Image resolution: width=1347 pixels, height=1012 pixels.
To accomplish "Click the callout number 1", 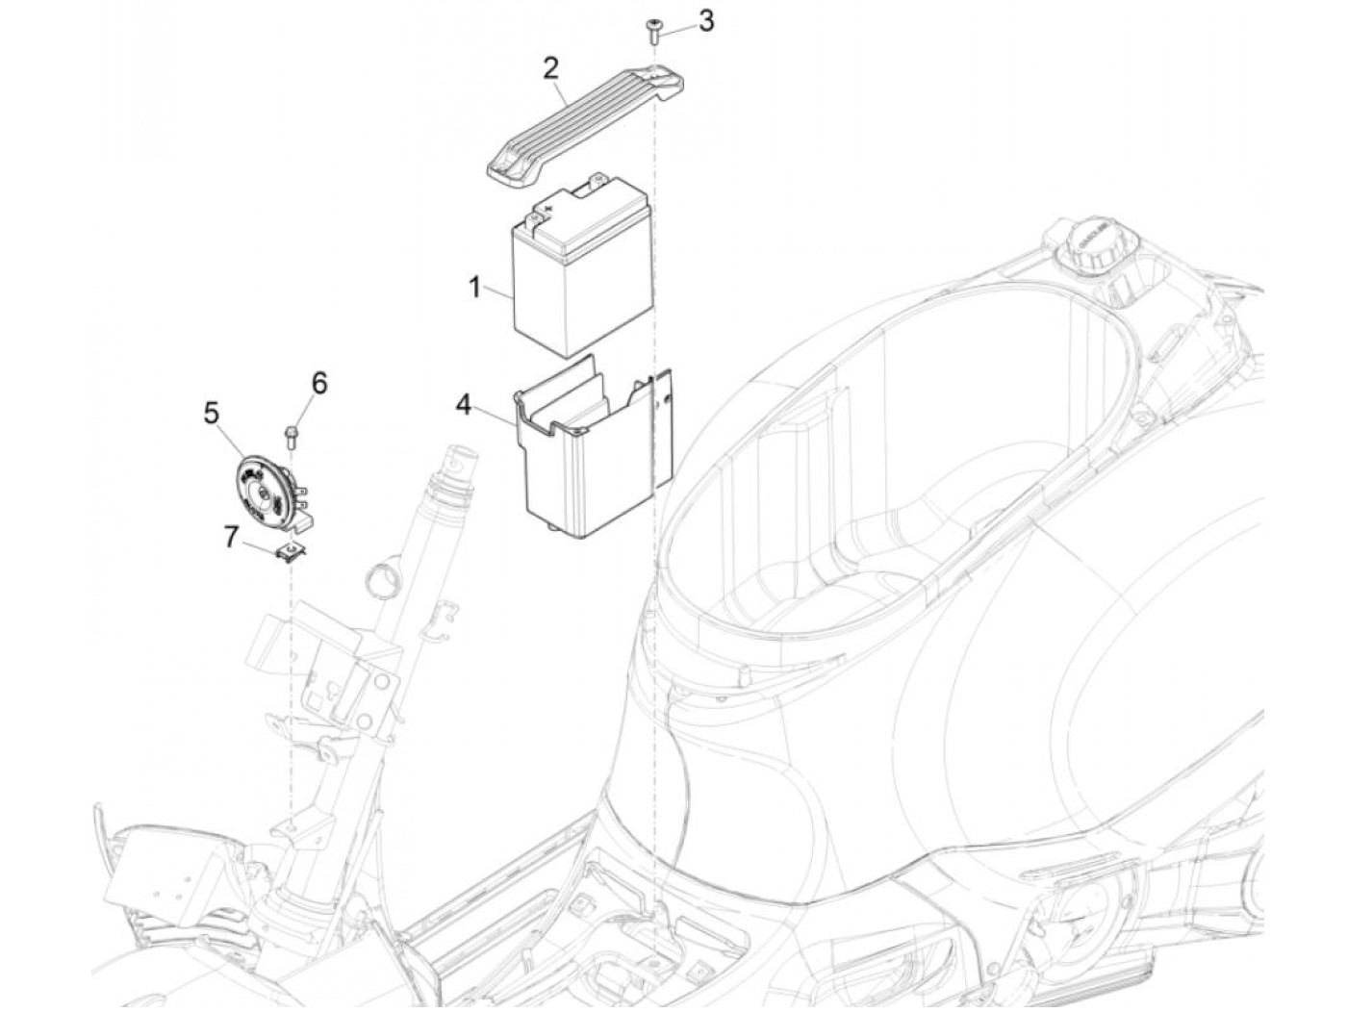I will pos(474,287).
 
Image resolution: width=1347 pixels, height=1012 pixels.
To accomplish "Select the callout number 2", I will pos(550,68).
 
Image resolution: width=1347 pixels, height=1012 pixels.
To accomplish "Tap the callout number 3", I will pos(706,20).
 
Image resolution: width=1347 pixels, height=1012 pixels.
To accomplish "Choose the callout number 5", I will pos(212,414).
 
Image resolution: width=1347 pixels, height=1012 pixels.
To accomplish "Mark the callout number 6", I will pos(318,383).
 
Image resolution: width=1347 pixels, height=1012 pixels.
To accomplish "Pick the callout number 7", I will pos(231,536).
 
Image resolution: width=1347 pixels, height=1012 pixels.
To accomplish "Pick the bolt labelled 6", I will pos(290,435).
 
